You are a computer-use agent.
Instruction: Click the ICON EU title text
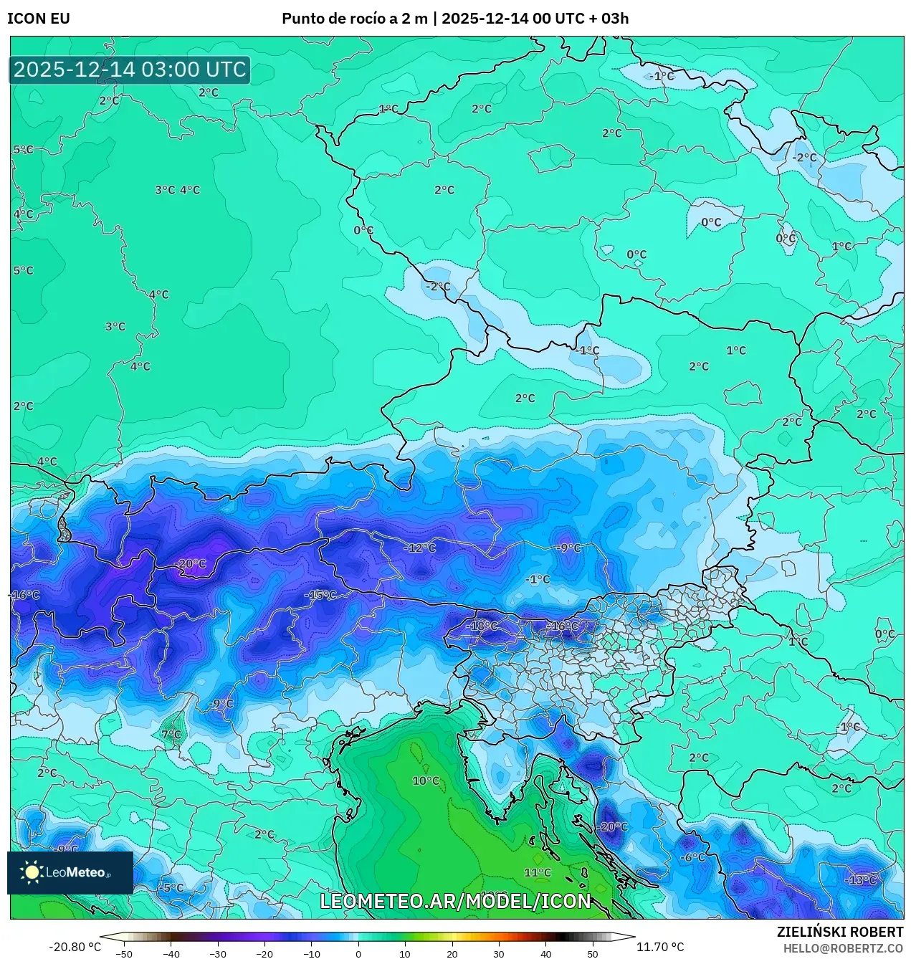[x=39, y=19]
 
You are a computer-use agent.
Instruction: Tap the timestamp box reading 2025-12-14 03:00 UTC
[x=130, y=70]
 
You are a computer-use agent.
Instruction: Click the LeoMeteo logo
[x=70, y=872]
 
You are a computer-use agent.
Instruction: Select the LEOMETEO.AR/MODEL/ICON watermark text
[x=456, y=901]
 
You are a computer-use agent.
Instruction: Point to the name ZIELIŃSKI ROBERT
[x=840, y=932]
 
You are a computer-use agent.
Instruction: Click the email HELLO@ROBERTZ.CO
[x=843, y=948]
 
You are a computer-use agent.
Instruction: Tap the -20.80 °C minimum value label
[x=75, y=947]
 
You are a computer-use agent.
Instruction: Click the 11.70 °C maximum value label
[x=659, y=947]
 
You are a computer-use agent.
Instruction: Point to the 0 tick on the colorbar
[x=358, y=954]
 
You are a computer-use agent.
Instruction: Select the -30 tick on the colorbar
[x=218, y=954]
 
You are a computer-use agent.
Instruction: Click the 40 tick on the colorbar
[x=545, y=954]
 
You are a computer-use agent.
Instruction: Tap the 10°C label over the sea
[x=426, y=781]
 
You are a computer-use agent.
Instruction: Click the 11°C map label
[x=537, y=872]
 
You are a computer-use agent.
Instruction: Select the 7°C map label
[x=171, y=735]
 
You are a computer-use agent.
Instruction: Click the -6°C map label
[x=692, y=857]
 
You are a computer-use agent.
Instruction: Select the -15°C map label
[x=320, y=595]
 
